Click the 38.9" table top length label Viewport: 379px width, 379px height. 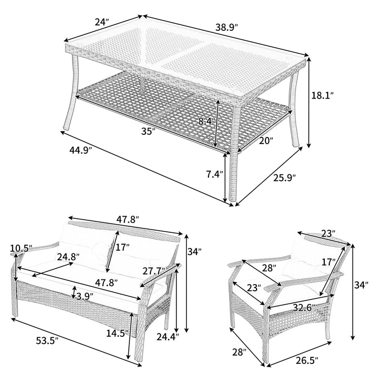pyautogui.click(x=227, y=27)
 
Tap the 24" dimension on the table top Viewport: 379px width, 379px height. pyautogui.click(x=102, y=22)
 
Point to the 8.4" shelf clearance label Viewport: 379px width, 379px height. pyautogui.click(x=207, y=121)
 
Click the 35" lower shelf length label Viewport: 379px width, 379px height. pyautogui.click(x=148, y=132)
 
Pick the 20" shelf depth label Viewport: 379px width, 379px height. pyautogui.click(x=266, y=141)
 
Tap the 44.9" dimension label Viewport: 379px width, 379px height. pyautogui.click(x=81, y=151)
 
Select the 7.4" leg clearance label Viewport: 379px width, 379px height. pyautogui.click(x=214, y=174)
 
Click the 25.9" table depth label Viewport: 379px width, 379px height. pyautogui.click(x=285, y=178)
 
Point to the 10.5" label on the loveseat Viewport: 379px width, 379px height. pyautogui.click(x=21, y=249)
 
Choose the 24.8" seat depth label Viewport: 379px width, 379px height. pyautogui.click(x=68, y=257)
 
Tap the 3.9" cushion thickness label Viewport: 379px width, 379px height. pyautogui.click(x=85, y=296)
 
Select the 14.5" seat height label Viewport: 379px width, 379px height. pyautogui.click(x=117, y=334)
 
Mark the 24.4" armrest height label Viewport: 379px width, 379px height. pyautogui.click(x=168, y=336)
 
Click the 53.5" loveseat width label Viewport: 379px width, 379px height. pyautogui.click(x=48, y=341)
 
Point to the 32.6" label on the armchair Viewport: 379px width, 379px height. pyautogui.click(x=304, y=308)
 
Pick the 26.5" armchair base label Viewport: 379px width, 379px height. pyautogui.click(x=307, y=361)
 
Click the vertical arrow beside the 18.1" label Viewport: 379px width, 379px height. pyautogui.click(x=309, y=102)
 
